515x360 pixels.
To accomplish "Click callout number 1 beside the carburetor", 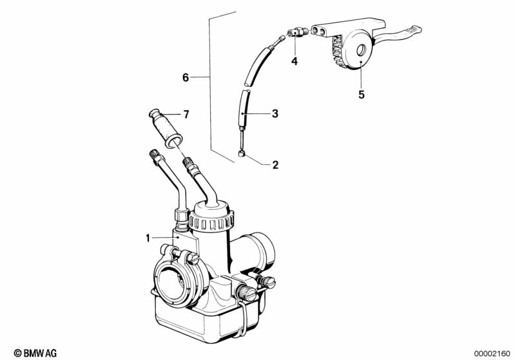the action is click(148, 238).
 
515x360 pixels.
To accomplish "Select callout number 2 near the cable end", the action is click(275, 165).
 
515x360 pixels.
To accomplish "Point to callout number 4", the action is click(294, 62).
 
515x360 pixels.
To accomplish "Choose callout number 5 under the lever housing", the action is click(361, 95).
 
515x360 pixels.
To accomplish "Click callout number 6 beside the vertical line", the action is click(186, 78).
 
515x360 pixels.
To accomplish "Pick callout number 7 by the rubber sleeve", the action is click(186, 115).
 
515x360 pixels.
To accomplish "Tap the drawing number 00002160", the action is click(492, 352).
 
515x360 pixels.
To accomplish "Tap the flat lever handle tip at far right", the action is click(413, 30).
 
